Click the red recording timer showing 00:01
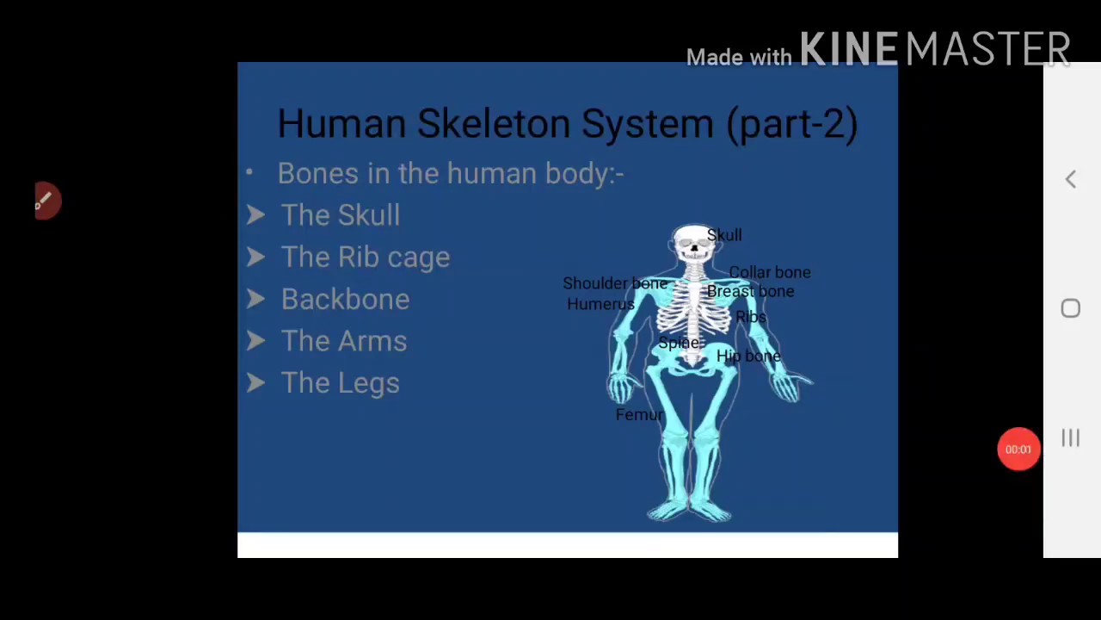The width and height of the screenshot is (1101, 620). coord(1018,449)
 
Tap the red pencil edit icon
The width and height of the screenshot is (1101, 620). coord(46,201)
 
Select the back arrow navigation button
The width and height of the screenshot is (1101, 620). coord(1070,179)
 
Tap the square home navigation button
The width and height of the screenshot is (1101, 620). coord(1070,308)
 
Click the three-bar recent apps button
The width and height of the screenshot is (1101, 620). coord(1070,438)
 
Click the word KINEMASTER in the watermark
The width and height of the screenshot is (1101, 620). coord(935,50)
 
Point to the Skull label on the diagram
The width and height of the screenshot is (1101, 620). coord(724,235)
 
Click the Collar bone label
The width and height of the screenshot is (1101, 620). coord(770,272)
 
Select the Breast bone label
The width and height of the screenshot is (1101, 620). coord(750,291)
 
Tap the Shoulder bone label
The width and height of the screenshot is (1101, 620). coord(614,283)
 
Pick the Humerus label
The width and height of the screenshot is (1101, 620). coord(600,304)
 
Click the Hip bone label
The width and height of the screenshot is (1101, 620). coord(747,356)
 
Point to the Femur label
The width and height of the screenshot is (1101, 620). coord(639,415)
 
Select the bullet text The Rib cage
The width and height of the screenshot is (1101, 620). coord(365,257)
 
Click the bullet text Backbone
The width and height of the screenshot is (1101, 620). coord(345,299)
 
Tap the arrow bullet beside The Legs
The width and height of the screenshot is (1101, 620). coord(255,382)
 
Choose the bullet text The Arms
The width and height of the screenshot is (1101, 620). coord(343,341)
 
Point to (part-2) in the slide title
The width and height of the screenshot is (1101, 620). coord(791,123)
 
